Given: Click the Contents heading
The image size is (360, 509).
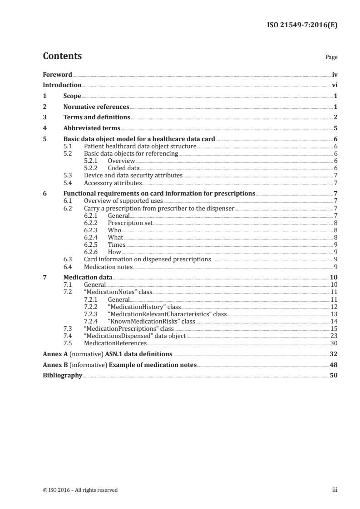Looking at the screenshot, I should pyautogui.click(x=62, y=56).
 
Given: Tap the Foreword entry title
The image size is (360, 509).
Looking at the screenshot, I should pyautogui.click(x=57, y=74).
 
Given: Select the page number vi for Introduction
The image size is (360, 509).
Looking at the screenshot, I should pyautogui.click(x=335, y=85).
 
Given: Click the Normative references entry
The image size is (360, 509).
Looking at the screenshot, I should pyautogui.click(x=96, y=107).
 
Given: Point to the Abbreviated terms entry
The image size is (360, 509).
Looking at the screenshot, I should pyautogui.click(x=92, y=128).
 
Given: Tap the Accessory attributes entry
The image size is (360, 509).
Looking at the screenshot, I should pyautogui.click(x=113, y=183).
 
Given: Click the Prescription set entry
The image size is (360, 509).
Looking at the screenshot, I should pyautogui.click(x=130, y=223).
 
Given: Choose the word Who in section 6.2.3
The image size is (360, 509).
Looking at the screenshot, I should pyautogui.click(x=114, y=230).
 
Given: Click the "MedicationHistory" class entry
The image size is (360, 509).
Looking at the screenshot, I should pyautogui.click(x=144, y=307).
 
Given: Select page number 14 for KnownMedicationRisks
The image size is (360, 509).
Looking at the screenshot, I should pyautogui.click(x=334, y=322).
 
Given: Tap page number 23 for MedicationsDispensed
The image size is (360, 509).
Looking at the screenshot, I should pyautogui.click(x=334, y=336).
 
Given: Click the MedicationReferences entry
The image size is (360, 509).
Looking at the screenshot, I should pyautogui.click(x=115, y=343).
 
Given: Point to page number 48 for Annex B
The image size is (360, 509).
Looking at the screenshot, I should pyautogui.click(x=334, y=365).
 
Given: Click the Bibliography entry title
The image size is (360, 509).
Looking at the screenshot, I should pyautogui.click(x=63, y=376).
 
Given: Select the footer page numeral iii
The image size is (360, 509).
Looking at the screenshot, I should pyautogui.click(x=335, y=490).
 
